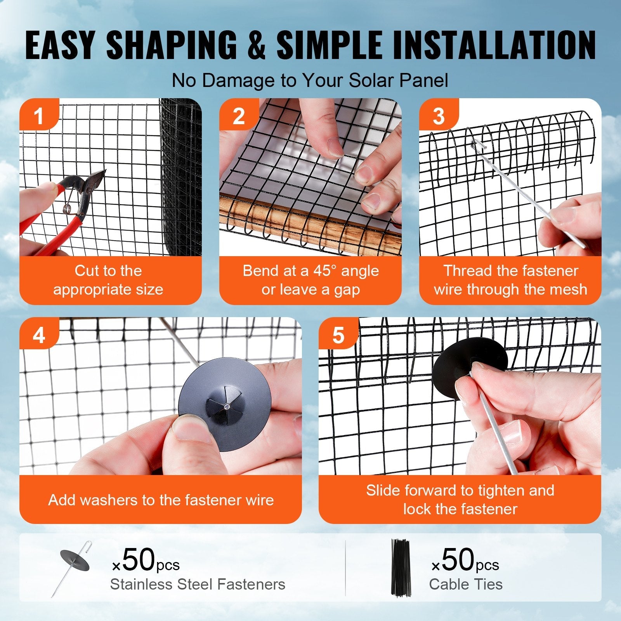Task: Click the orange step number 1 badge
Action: click(38, 115)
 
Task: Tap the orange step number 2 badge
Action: click(238, 115)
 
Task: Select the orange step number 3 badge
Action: click(438, 115)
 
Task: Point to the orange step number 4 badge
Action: click(38, 335)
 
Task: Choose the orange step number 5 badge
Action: click(338, 335)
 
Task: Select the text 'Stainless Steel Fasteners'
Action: click(198, 584)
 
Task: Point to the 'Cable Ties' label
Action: click(465, 584)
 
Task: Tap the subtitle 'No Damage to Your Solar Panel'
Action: click(310, 80)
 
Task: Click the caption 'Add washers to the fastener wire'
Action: click(161, 500)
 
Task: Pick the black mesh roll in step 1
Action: click(181, 175)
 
